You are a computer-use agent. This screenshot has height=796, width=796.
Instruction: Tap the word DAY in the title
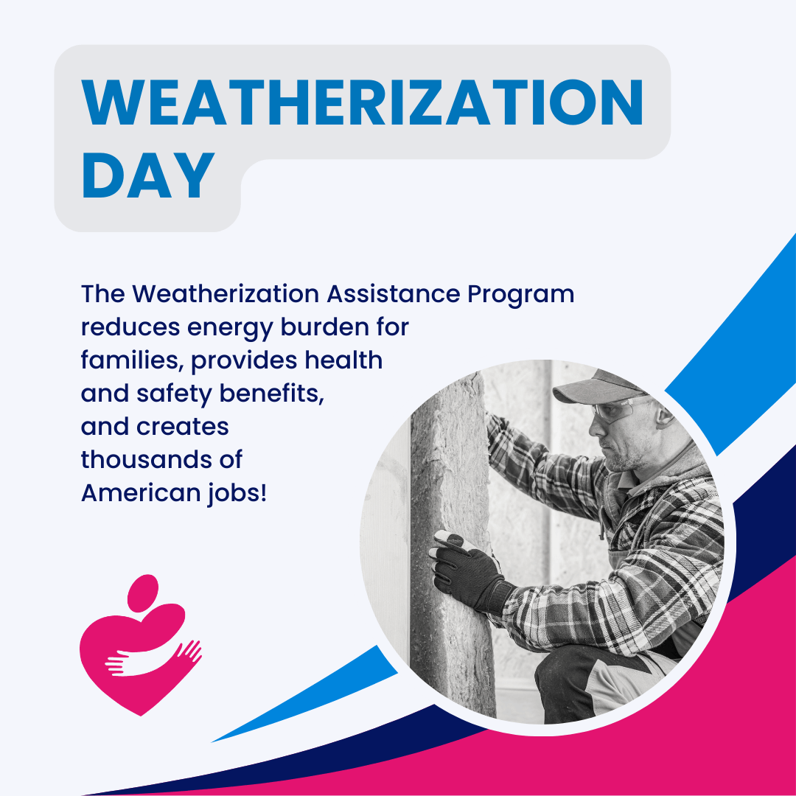(x=147, y=178)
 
